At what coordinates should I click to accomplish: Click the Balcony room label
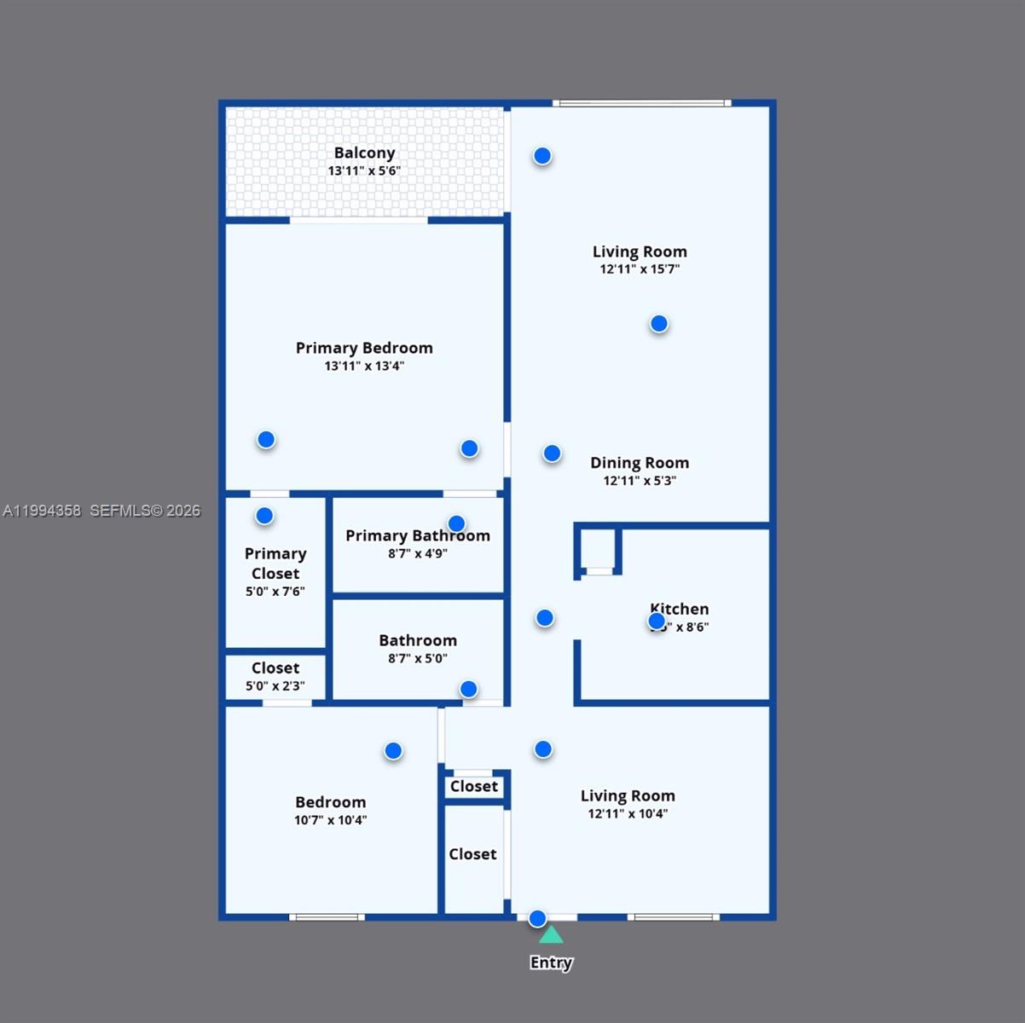pyautogui.click(x=364, y=153)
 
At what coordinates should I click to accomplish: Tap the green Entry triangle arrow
pyautogui.click(x=551, y=935)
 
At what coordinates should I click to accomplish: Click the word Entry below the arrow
pyautogui.click(x=551, y=962)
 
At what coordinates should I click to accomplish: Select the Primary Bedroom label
pyautogui.click(x=364, y=348)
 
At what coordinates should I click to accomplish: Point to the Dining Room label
pyautogui.click(x=640, y=463)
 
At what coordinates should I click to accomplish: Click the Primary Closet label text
pyautogui.click(x=275, y=564)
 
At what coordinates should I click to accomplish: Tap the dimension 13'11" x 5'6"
pyautogui.click(x=364, y=170)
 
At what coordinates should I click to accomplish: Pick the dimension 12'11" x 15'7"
pyautogui.click(x=640, y=269)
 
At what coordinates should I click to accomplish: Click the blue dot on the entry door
pyautogui.click(x=537, y=918)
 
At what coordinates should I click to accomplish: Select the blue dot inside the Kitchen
pyautogui.click(x=657, y=621)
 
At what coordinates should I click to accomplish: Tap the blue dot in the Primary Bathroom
pyautogui.click(x=456, y=523)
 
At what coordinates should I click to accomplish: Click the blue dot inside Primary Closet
pyautogui.click(x=264, y=516)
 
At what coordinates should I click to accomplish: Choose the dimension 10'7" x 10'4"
pyautogui.click(x=331, y=820)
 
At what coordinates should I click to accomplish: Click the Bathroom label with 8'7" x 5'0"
pyautogui.click(x=418, y=640)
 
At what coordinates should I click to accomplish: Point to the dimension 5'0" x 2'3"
pyautogui.click(x=275, y=685)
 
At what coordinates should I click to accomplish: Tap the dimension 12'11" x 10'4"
pyautogui.click(x=628, y=813)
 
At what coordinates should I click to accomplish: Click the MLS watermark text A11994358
pyautogui.click(x=42, y=511)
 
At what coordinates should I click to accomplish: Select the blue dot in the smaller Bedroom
pyautogui.click(x=393, y=751)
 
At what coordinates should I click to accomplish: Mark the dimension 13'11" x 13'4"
pyautogui.click(x=364, y=366)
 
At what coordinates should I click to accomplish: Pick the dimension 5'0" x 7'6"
pyautogui.click(x=275, y=592)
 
